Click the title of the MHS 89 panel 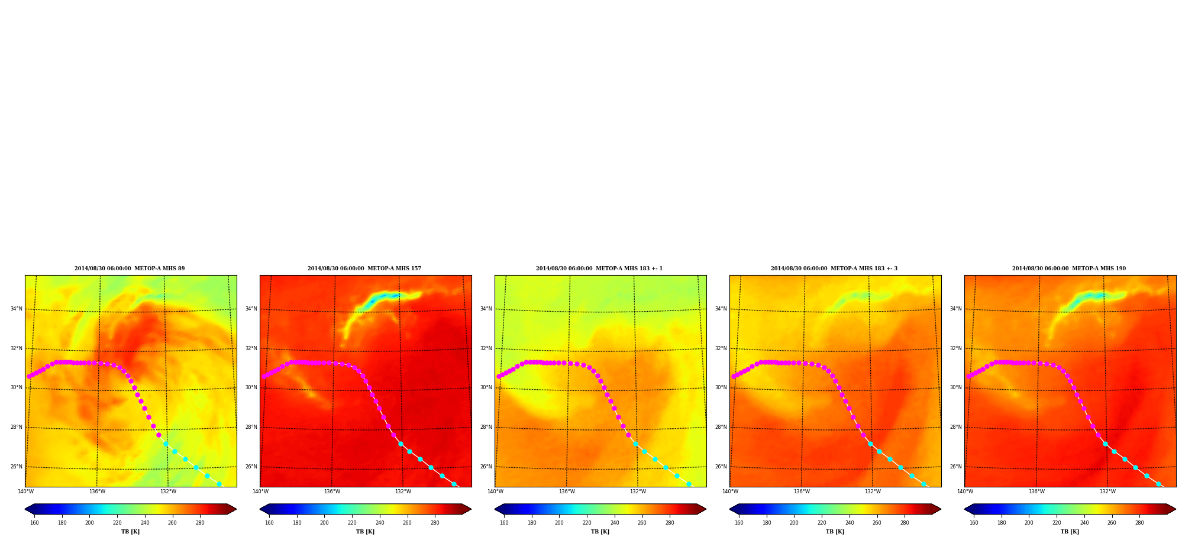(130, 269)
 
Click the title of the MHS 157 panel (364, 269)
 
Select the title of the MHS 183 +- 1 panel (599, 269)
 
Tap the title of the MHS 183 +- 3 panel (834, 269)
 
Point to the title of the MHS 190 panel (1069, 269)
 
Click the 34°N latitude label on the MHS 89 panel (16, 309)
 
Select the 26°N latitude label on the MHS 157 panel (251, 467)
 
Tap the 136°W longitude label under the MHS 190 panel (1036, 492)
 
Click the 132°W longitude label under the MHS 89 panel (168, 492)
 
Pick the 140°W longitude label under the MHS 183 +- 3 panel (730, 492)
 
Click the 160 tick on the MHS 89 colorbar (34, 523)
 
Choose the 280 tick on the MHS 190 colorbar (1139, 523)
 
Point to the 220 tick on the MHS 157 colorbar (352, 523)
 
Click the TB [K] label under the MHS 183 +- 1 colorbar (600, 532)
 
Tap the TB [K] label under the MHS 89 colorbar (130, 532)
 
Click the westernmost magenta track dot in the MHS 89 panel (29, 376)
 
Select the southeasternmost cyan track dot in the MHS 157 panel (454, 484)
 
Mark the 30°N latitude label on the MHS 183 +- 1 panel (486, 387)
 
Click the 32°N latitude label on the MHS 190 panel (955, 348)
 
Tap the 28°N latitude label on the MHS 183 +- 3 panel (721, 427)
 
